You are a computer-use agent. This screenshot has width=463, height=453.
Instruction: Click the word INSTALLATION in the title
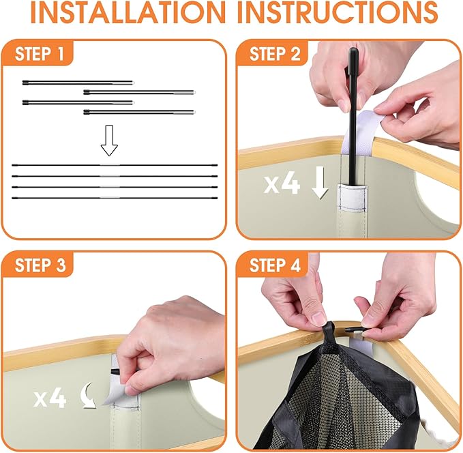point(128,12)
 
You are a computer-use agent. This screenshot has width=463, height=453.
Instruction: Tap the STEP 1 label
point(40,54)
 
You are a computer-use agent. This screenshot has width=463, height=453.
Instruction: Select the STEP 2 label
point(275,54)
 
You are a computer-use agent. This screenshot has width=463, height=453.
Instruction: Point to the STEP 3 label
point(40,265)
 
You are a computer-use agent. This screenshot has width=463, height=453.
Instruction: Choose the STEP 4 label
point(275,265)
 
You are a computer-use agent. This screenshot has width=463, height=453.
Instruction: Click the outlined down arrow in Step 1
point(109,140)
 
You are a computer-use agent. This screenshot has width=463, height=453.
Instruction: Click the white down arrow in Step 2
point(320,182)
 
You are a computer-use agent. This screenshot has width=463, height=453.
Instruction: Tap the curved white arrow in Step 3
point(88,396)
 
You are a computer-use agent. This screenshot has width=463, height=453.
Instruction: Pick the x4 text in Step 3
point(50,398)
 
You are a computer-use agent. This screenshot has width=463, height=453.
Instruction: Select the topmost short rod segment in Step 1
point(78,83)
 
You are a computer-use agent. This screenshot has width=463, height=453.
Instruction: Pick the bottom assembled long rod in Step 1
point(115,198)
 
